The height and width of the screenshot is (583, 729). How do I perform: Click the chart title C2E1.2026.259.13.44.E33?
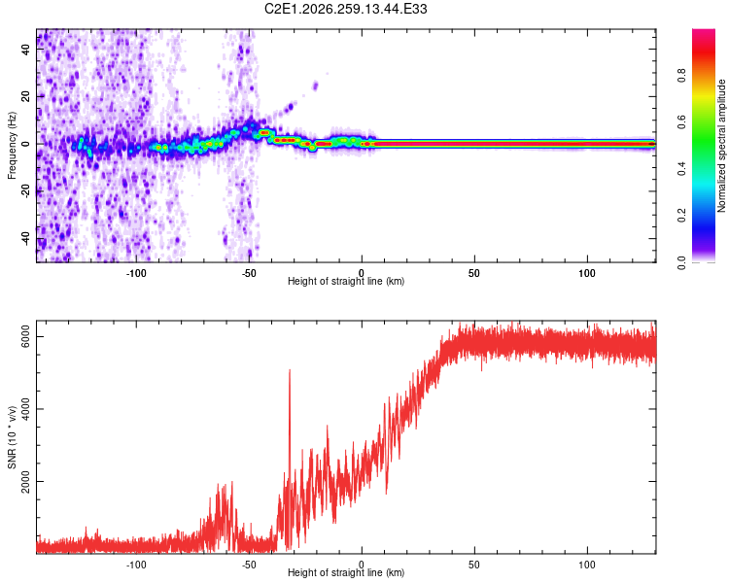click(x=345, y=9)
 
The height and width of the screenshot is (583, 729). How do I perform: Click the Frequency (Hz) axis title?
click(x=12, y=145)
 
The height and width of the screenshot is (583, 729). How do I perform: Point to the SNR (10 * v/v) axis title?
click(x=12, y=437)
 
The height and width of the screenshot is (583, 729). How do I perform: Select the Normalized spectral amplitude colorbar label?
click(x=721, y=146)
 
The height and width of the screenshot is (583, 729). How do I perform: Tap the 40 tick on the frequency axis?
click(x=26, y=49)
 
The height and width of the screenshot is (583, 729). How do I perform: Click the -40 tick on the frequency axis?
click(x=26, y=238)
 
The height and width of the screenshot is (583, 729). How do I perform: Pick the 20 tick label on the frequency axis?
click(x=26, y=96)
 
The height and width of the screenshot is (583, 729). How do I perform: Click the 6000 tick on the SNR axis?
click(x=26, y=336)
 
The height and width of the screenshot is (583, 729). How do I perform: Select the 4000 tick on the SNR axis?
click(x=26, y=409)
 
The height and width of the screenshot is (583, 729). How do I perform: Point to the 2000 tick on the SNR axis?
click(x=26, y=481)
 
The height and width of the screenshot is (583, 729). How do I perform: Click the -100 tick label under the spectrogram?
click(x=136, y=273)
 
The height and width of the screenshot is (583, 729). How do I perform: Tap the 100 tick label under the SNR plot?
click(x=587, y=565)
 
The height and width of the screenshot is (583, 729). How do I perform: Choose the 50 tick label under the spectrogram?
click(x=474, y=273)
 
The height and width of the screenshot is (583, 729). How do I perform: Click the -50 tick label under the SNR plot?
click(x=249, y=565)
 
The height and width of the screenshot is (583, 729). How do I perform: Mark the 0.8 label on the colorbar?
click(x=682, y=75)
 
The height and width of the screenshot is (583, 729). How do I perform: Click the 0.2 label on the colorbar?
click(x=682, y=216)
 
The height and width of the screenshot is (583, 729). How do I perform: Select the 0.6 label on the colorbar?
click(x=682, y=121)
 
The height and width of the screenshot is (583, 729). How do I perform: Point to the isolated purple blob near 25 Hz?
click(x=315, y=86)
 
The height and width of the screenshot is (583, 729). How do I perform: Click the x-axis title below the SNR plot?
click(x=346, y=572)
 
